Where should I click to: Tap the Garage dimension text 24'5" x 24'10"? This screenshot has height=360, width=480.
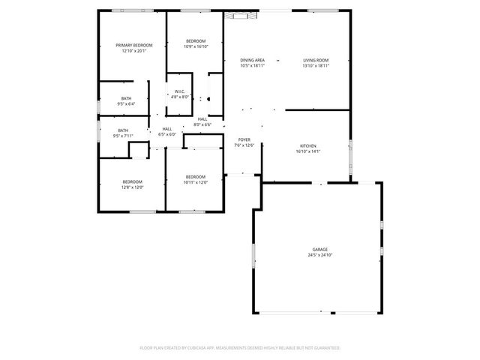(x=320, y=255)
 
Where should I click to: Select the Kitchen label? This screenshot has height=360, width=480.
(x=308, y=145)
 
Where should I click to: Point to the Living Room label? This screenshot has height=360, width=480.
(x=316, y=60)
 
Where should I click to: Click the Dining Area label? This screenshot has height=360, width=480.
(x=252, y=60)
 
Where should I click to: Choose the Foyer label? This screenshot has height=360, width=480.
(x=244, y=139)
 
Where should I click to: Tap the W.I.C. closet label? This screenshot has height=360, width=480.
(x=180, y=91)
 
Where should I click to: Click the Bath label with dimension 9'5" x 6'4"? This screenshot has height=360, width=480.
(x=126, y=98)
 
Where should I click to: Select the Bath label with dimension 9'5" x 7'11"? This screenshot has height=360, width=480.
(x=122, y=130)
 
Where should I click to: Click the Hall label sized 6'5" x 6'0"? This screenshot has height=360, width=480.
(x=166, y=129)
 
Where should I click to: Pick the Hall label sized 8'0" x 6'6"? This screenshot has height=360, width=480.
(x=202, y=119)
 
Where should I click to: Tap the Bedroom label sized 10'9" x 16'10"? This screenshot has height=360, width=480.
(x=195, y=40)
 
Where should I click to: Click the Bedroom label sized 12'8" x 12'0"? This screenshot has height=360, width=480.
(x=132, y=181)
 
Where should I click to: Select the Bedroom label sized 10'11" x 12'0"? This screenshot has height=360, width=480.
(x=195, y=177)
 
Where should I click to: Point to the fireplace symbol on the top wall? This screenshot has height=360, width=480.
(x=239, y=14)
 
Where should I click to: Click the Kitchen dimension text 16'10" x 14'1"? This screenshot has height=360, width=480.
(x=308, y=151)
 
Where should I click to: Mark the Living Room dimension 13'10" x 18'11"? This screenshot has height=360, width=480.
(x=316, y=66)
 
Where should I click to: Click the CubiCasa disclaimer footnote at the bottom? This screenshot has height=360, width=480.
(x=240, y=348)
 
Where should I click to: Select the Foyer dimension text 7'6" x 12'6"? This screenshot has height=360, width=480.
(x=244, y=145)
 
